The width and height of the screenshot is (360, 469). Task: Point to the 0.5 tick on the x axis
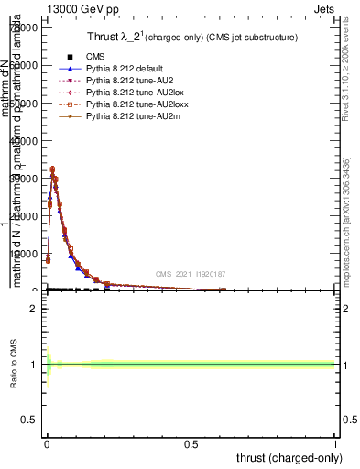point(191,445)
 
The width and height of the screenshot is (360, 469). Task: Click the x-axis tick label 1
point(335,445)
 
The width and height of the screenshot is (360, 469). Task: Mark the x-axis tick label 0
point(47,445)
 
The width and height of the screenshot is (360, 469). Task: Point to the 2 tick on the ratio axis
point(34,309)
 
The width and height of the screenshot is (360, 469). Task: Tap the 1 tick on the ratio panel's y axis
point(34,365)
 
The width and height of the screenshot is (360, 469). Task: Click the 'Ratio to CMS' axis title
point(14,365)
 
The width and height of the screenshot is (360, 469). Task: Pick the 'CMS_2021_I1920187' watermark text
point(190,273)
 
